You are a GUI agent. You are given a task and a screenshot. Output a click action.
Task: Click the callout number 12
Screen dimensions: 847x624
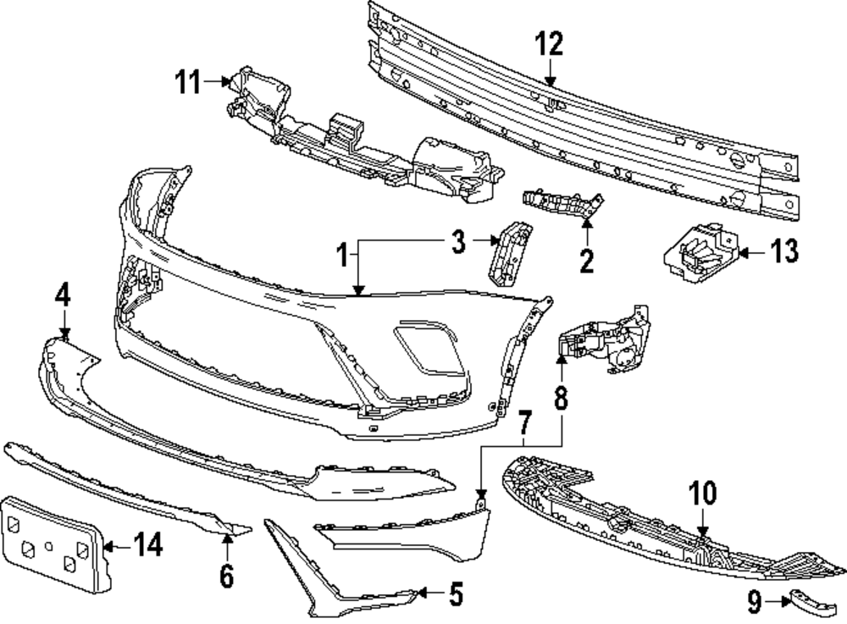tap(549, 44)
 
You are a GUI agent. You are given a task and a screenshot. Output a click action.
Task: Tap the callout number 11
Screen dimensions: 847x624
tap(188, 83)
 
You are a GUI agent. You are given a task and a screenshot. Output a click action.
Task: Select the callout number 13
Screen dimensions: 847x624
tap(783, 251)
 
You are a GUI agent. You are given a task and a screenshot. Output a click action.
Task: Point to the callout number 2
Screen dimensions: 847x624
tap(587, 261)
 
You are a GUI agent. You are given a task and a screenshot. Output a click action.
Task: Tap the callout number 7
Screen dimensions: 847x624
tap(524, 422)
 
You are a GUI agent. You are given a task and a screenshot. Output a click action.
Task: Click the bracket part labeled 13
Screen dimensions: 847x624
tap(700, 253)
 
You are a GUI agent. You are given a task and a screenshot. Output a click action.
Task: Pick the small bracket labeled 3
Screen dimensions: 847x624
tap(509, 252)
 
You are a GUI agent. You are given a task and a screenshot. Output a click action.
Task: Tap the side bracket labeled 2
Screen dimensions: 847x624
tap(563, 204)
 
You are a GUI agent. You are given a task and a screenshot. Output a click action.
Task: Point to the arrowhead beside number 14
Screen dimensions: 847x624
tap(108, 546)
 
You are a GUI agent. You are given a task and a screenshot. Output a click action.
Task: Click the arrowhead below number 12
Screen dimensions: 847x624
tap(550, 83)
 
